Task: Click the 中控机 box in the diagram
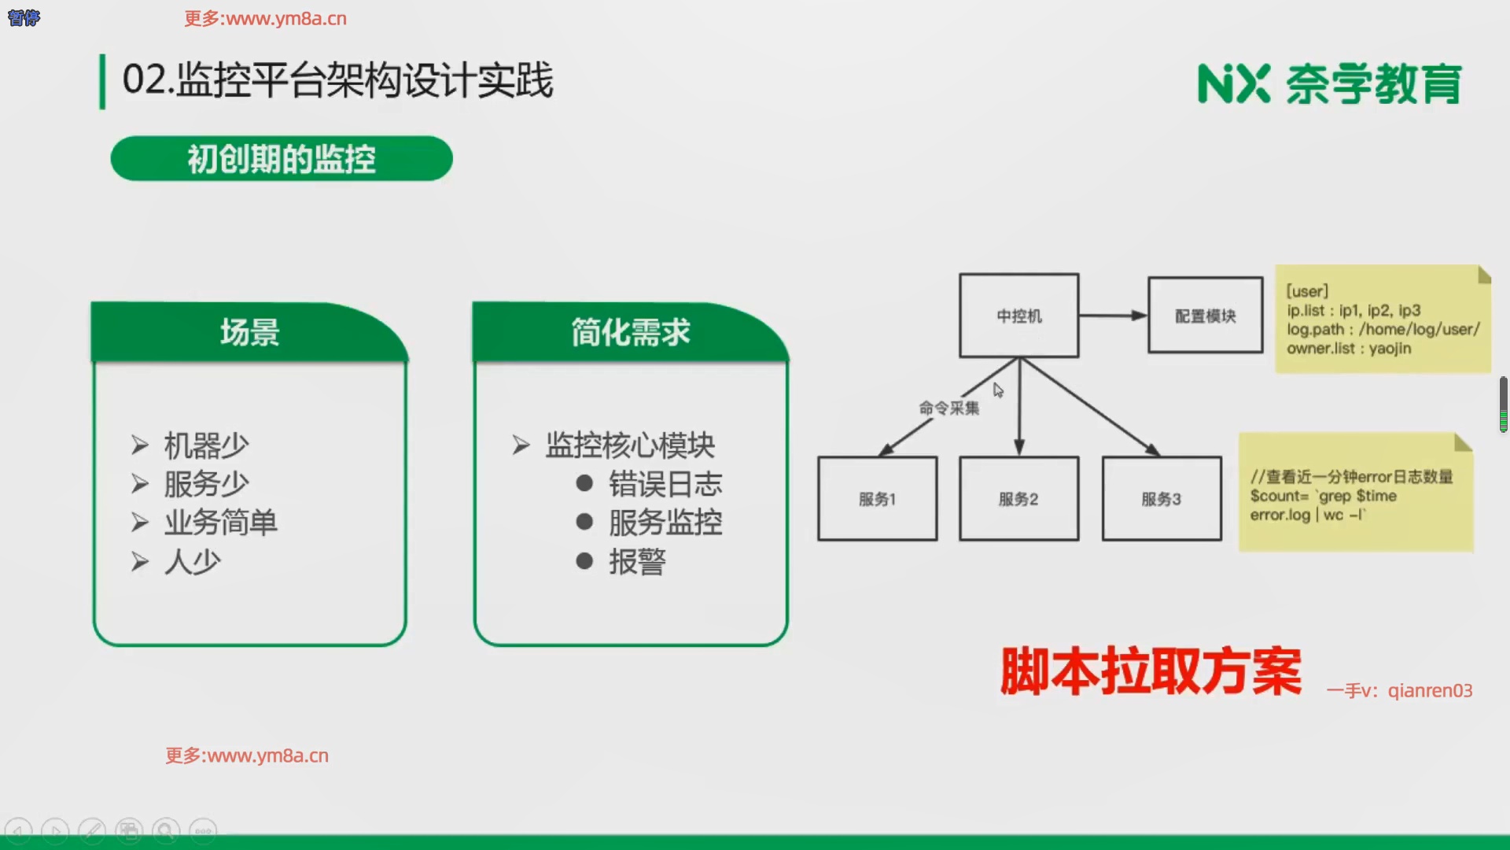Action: tap(1018, 316)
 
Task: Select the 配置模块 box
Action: tap(1205, 316)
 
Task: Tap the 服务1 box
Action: tap(877, 499)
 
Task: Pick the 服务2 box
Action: tap(1018, 499)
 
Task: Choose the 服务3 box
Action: tap(1161, 499)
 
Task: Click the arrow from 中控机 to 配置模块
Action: tap(1112, 316)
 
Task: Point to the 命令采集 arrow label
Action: tap(949, 408)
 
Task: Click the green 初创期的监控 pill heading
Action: tap(282, 159)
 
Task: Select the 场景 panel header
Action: tap(249, 332)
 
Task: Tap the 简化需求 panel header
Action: tap(630, 332)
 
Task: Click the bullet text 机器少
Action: tap(206, 445)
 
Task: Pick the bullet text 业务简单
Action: tap(220, 523)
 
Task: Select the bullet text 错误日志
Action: tap(665, 484)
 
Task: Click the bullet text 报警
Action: tap(637, 562)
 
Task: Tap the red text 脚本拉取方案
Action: tap(1151, 671)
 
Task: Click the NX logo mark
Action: tap(1233, 83)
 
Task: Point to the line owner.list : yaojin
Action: tap(1348, 348)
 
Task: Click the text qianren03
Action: tap(1430, 690)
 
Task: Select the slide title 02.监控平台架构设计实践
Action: tap(337, 80)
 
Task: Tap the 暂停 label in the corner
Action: tap(24, 17)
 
